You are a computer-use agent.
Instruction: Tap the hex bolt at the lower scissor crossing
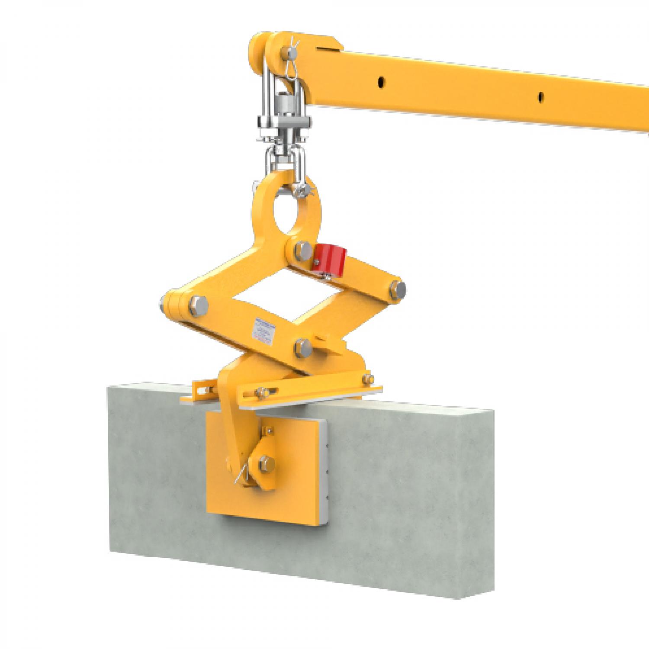tap(302, 347)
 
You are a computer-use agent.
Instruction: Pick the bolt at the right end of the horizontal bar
tap(369, 379)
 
